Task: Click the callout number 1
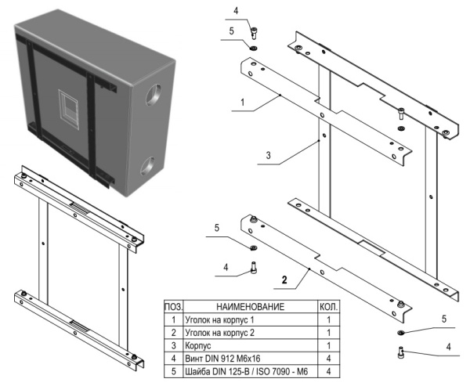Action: pos(243,101)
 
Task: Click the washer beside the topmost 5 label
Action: pos(254,48)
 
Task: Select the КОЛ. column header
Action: pos(328,308)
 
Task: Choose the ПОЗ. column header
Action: pos(172,308)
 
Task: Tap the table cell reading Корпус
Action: pos(199,345)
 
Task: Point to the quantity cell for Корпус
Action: pos(328,345)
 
